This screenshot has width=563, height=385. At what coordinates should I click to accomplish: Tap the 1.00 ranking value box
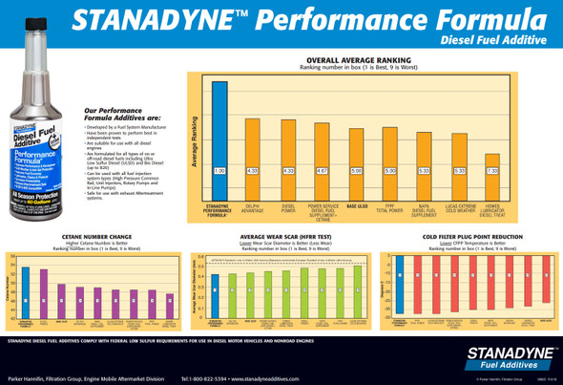[219, 171]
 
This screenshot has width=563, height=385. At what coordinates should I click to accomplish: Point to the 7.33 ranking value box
[492, 171]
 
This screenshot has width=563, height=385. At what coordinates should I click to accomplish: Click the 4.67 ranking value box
[322, 171]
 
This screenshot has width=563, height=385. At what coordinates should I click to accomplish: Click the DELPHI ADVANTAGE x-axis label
[253, 207]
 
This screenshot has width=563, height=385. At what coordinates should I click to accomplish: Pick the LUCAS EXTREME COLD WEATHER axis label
[459, 207]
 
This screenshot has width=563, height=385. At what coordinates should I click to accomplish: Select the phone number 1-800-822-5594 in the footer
[201, 379]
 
